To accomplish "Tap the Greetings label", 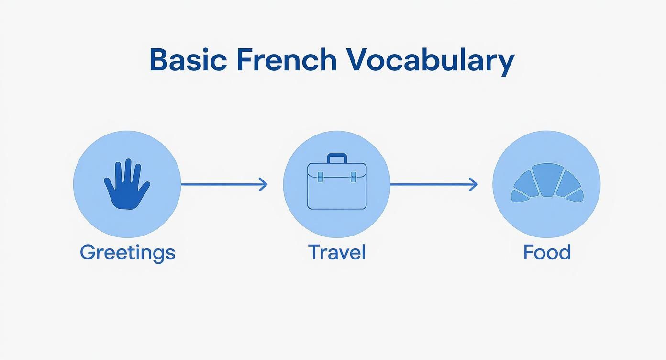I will tap(127, 252).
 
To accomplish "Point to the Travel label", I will tap(337, 252).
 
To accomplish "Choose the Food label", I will tap(547, 252).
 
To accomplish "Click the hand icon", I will tap(126, 185).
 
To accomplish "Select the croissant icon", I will tap(547, 183).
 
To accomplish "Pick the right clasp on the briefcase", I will tap(354, 177).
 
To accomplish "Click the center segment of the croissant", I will tap(547, 180).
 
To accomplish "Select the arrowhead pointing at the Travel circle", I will tap(264, 184).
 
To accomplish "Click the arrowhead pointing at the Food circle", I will tap(474, 184).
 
